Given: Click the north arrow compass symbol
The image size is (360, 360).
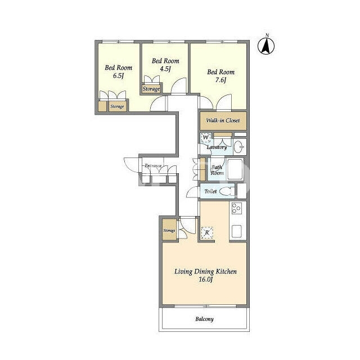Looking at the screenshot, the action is [x=266, y=46].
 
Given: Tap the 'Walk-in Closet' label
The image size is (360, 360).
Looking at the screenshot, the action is [x=223, y=120].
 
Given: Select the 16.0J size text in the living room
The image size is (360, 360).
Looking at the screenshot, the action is [x=206, y=280].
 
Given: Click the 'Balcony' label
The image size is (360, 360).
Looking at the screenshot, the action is [x=204, y=319].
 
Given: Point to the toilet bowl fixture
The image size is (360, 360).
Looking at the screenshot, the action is [x=227, y=191].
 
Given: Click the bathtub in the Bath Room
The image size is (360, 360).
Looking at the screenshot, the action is [x=235, y=169].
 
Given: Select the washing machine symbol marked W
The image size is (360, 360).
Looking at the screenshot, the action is [x=206, y=138].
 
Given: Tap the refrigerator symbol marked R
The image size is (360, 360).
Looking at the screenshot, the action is [x=207, y=233].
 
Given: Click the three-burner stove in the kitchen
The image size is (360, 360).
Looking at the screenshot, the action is [x=236, y=208].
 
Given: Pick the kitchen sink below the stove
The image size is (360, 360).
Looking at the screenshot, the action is [x=236, y=231].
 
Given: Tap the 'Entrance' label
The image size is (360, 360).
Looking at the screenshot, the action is [x=153, y=165].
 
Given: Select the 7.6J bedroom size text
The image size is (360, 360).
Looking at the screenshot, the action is [x=220, y=80].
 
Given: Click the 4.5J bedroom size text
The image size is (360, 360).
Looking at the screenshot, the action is [x=165, y=69].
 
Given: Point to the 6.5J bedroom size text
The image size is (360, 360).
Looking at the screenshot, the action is [x=119, y=75].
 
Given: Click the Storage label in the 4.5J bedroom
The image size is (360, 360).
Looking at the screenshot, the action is [x=151, y=89].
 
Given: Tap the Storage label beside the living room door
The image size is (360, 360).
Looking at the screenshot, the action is [x=169, y=231].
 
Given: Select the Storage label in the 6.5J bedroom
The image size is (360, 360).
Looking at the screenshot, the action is [x=117, y=106].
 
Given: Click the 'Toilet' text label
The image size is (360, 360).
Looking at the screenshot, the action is [x=210, y=191].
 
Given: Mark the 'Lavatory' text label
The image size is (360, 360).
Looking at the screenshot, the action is [x=217, y=147].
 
